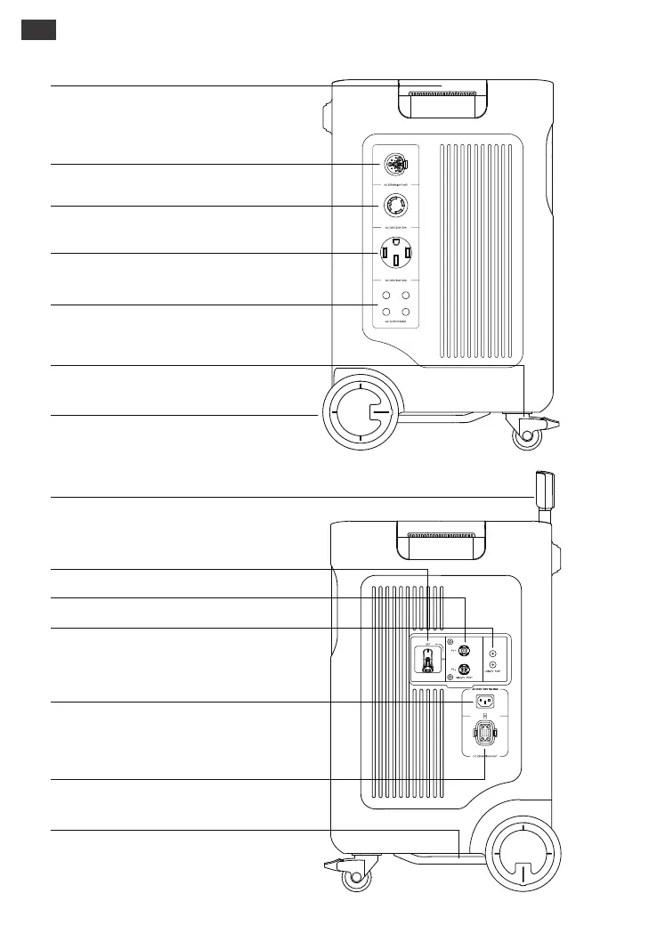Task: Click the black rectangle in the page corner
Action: pos(39,29)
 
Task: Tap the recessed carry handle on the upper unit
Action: pos(442,97)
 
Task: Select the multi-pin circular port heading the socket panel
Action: pos(393,164)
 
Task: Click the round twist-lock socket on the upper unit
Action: pos(393,206)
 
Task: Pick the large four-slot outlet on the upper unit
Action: pos(393,254)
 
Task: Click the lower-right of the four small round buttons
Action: pos(405,311)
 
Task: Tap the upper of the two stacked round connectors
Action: pos(464,651)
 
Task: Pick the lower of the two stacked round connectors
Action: pos(464,670)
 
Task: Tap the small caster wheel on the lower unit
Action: pos(356,878)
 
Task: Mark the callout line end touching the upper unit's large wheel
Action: pos(319,415)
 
